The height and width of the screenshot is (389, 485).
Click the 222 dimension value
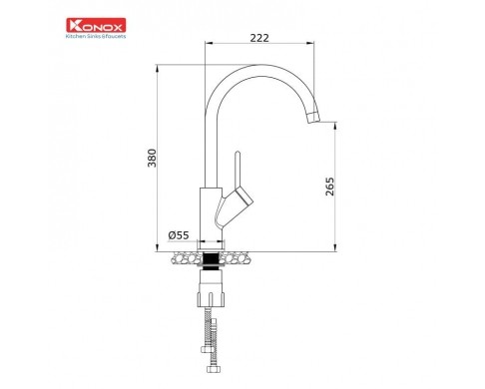tap(259, 38)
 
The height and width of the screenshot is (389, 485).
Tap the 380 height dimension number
tap(152, 158)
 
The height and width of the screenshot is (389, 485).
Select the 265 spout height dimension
tap(329, 187)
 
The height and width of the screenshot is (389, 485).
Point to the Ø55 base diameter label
tap(179, 235)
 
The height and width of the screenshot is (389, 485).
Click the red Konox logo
tap(96, 25)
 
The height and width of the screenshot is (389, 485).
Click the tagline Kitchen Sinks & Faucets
tap(96, 36)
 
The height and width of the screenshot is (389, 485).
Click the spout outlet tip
tap(314, 118)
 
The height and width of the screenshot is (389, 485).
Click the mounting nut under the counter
tap(211, 288)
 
